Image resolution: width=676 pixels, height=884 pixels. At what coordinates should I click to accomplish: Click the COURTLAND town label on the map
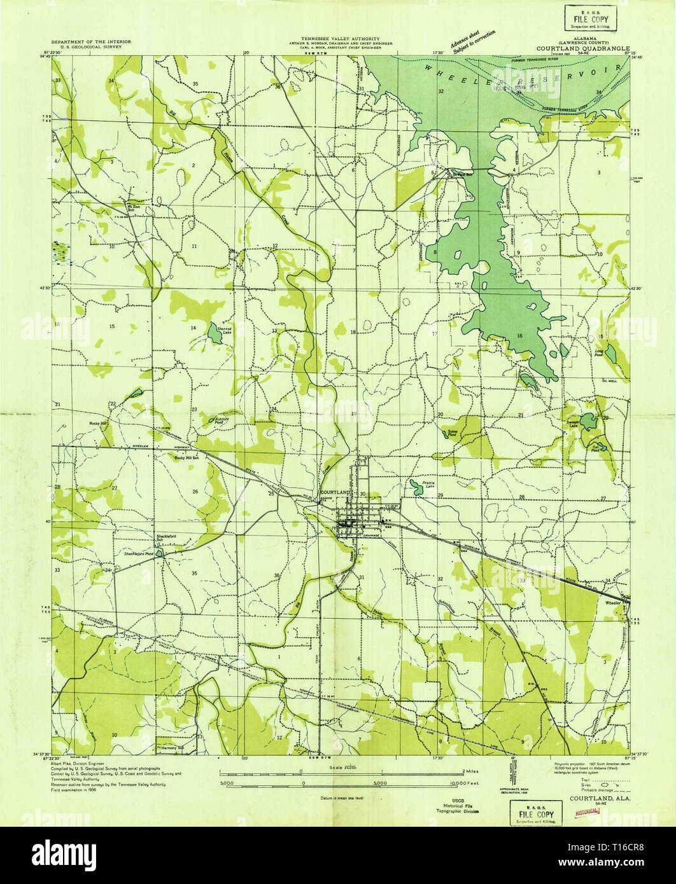(x=335, y=493)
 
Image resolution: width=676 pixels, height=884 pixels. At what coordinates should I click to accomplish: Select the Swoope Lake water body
(x=589, y=420)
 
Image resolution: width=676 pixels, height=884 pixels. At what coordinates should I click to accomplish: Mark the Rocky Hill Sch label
(x=188, y=458)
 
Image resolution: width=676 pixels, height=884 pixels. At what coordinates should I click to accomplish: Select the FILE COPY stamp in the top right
(x=589, y=15)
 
